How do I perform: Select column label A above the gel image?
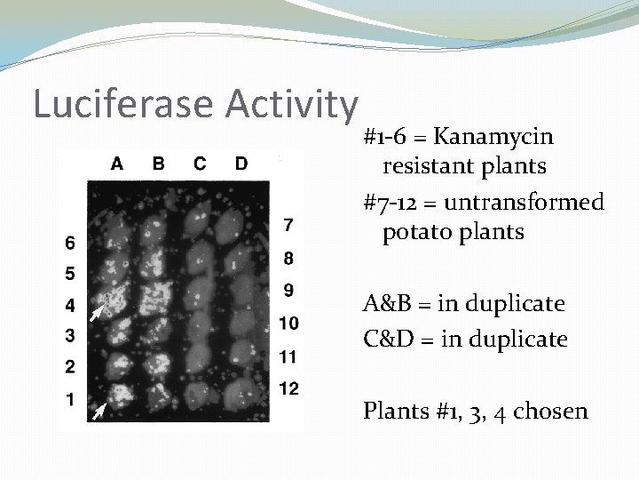click(117, 164)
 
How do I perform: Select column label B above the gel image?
click(158, 164)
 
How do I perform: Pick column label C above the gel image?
click(200, 164)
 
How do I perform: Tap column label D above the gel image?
click(241, 164)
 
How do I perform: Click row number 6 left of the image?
click(70, 243)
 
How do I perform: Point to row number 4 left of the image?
click(70, 306)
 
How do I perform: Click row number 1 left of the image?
click(70, 399)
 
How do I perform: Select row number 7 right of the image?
click(288, 222)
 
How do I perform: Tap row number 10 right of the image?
click(288, 324)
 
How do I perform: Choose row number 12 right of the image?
click(288, 388)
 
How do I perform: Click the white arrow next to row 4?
click(97, 312)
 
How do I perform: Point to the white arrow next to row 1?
click(100, 410)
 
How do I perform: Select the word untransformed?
click(524, 203)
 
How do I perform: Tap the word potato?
click(415, 233)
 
